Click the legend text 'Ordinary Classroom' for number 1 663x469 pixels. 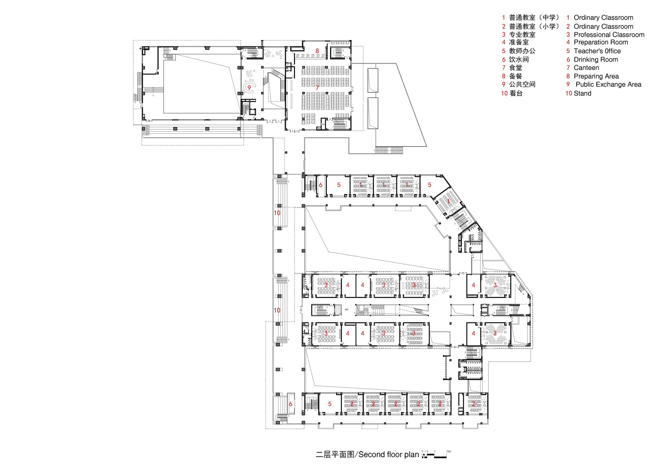click(603, 18)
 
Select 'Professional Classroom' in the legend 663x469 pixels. click(609, 35)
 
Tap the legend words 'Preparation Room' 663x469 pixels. click(601, 42)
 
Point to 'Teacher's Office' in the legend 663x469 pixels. click(597, 51)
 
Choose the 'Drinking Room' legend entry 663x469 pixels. click(596, 60)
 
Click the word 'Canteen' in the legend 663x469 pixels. click(586, 68)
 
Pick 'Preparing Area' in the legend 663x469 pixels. click(596, 76)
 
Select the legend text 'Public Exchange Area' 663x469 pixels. click(608, 85)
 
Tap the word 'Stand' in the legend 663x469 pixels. click(582, 94)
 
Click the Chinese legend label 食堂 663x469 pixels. click(515, 68)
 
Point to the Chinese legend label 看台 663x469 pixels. click(516, 94)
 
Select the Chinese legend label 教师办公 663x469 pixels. click(522, 51)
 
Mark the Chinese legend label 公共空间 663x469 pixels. click(522, 85)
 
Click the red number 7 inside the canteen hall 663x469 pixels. click(317, 88)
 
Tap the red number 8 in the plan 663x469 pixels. click(317, 51)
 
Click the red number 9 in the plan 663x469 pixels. click(249, 88)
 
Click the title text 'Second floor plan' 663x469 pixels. click(389, 454)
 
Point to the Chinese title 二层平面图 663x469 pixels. click(335, 454)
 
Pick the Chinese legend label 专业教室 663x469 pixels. click(522, 35)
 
